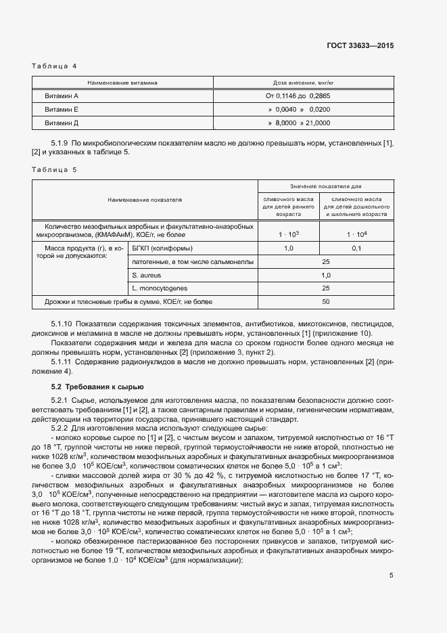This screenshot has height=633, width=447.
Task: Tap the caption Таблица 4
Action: (x=55, y=66)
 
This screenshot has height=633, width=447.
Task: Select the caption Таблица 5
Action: (x=55, y=170)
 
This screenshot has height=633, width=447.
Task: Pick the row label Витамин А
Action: (x=62, y=96)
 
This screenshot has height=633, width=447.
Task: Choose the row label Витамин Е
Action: (x=62, y=109)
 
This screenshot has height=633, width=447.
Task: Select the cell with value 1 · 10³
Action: (x=288, y=234)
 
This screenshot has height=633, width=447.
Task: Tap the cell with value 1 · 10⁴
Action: (x=356, y=234)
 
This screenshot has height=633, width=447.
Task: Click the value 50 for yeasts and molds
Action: (x=326, y=301)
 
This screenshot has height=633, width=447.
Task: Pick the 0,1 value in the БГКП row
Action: (x=356, y=248)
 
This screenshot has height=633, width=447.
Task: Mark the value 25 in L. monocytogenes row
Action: (x=326, y=288)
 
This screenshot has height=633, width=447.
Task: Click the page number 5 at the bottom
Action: (x=391, y=575)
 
